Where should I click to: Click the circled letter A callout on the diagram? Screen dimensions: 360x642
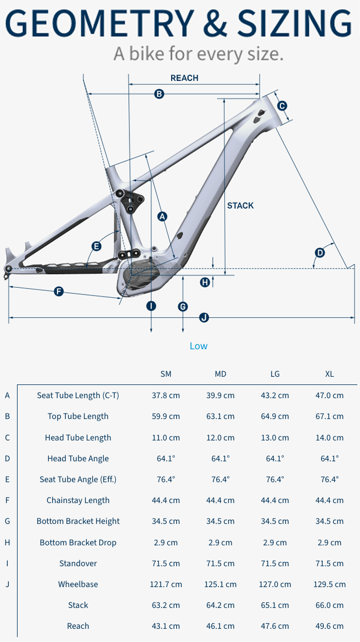point(163,216)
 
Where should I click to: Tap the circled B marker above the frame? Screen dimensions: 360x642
point(159,94)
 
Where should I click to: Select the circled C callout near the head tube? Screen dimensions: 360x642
point(282,106)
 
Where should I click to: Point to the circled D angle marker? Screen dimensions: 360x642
point(320,253)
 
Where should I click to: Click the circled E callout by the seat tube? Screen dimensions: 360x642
point(96,246)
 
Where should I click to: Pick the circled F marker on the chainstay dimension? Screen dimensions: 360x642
point(59,292)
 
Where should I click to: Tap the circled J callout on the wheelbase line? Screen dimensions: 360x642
point(204,317)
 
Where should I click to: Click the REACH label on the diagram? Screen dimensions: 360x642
point(184,78)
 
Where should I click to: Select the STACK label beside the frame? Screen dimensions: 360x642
point(240,205)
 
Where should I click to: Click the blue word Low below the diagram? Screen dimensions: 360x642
point(199,346)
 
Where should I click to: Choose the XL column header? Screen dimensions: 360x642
point(329,374)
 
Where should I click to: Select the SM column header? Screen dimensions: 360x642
point(166,374)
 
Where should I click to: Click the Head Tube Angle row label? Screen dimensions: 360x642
point(78,458)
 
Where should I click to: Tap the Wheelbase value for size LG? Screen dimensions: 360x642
point(275,584)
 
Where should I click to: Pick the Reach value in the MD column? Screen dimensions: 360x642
point(221,626)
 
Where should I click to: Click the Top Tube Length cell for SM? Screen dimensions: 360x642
point(166,416)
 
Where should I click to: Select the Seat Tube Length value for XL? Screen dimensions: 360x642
point(329,395)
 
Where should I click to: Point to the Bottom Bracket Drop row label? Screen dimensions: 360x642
point(78,543)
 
